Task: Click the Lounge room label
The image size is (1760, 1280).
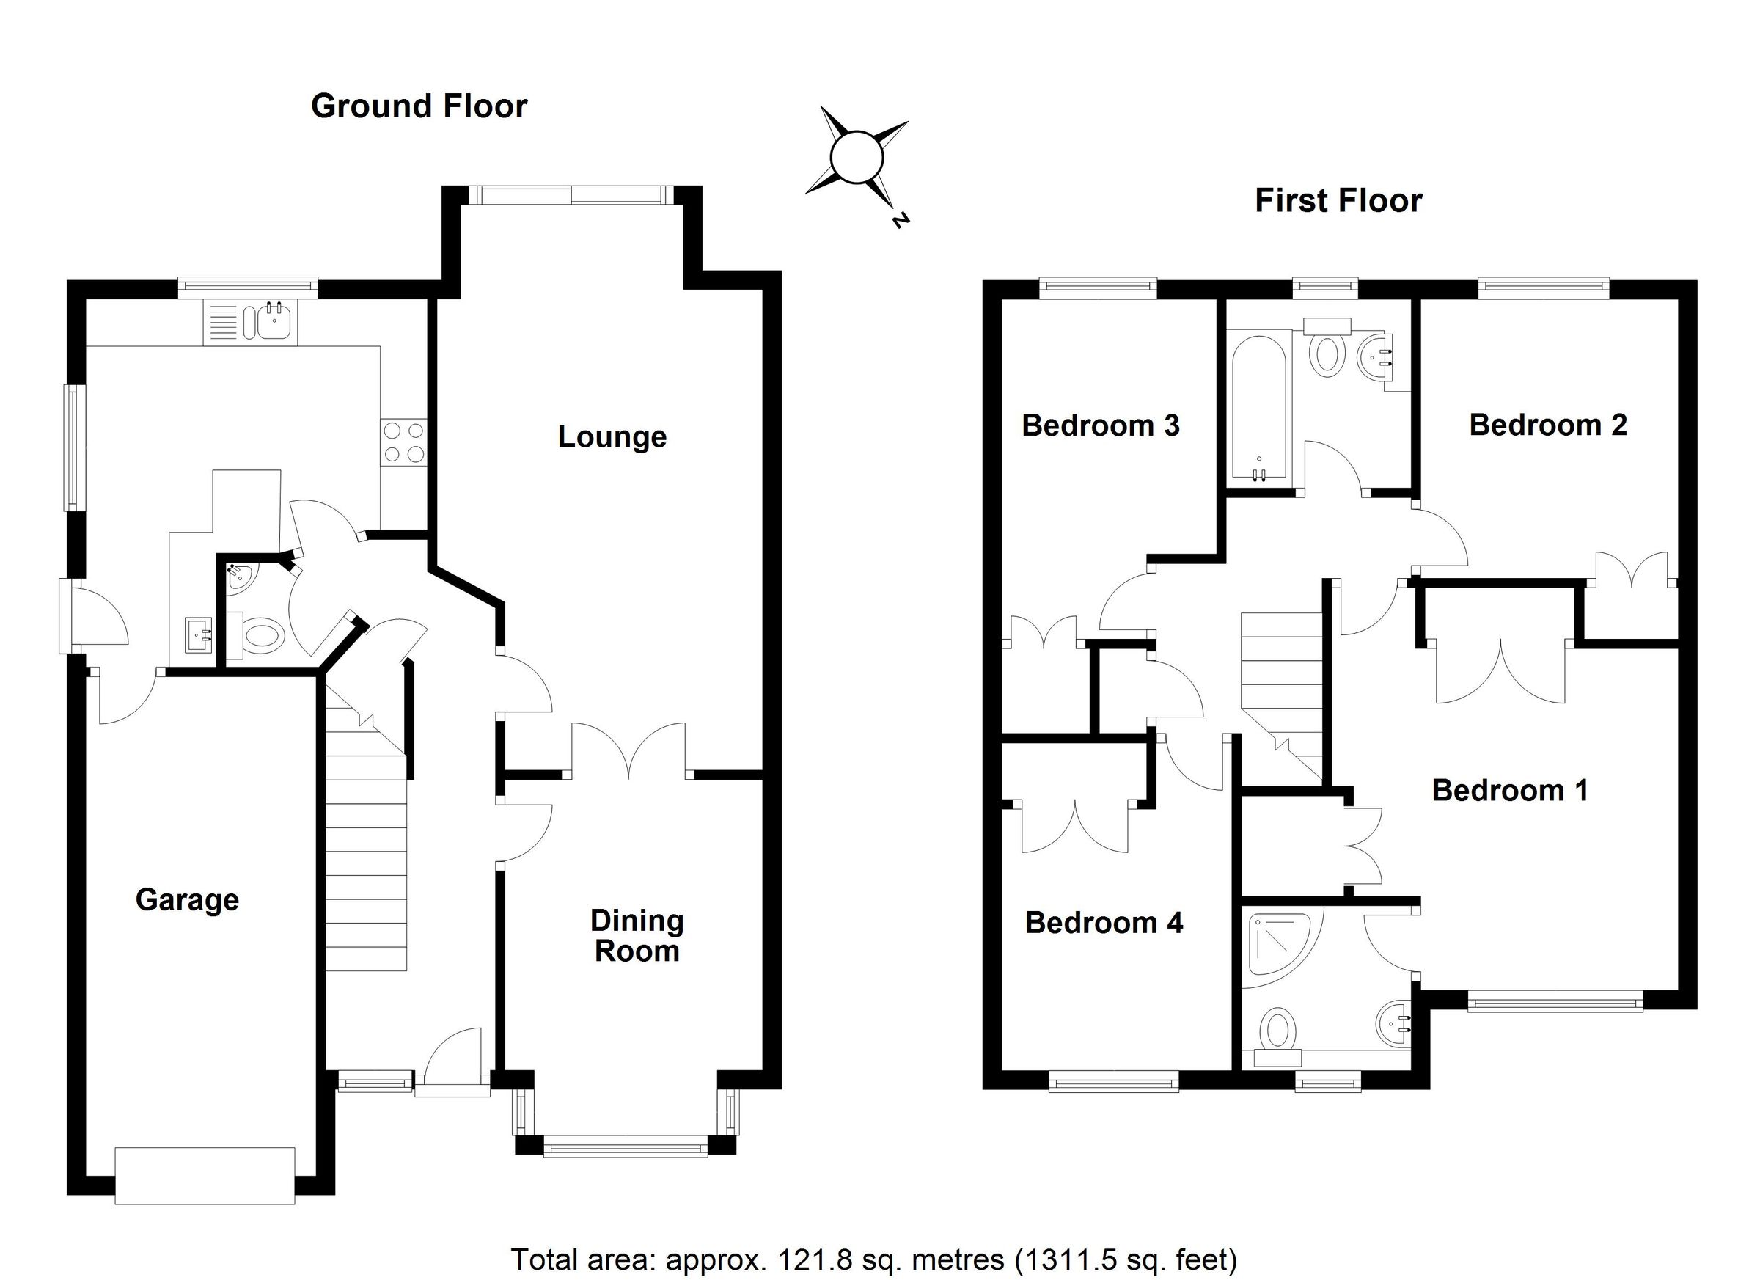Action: [612, 437]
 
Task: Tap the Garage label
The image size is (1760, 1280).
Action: [187, 899]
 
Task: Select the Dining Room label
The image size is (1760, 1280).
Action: [637, 935]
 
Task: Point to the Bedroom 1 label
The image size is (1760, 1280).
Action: [1509, 790]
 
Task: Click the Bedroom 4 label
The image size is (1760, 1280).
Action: [1104, 922]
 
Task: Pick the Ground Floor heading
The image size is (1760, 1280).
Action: [419, 106]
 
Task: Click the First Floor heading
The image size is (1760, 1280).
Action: [1338, 201]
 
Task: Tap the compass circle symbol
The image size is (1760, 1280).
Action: [857, 158]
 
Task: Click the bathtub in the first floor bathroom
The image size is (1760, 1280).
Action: [1258, 408]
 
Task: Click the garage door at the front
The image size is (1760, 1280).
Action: [205, 1175]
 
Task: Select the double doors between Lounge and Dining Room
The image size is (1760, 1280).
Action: [628, 751]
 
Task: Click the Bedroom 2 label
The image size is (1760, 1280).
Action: [1547, 425]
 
